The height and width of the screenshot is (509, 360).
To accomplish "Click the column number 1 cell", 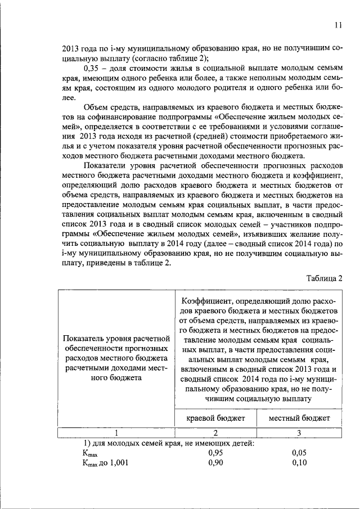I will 116,433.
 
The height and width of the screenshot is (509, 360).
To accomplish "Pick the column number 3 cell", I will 299,433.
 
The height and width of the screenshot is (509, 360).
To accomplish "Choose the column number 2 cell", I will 215,433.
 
